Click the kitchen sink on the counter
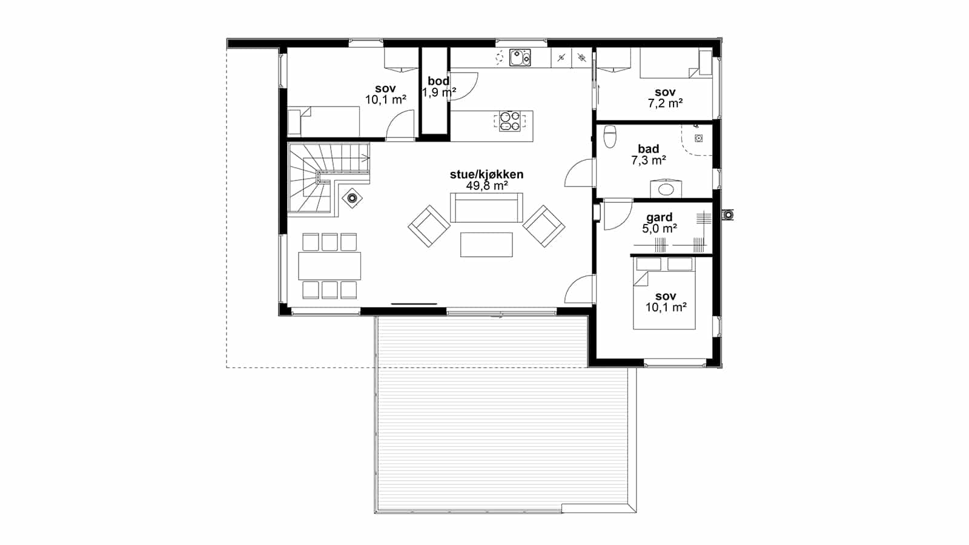tap(520, 58)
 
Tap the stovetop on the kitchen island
tap(509, 121)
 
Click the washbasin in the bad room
tap(666, 188)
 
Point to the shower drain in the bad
tap(699, 139)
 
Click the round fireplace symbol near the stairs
tap(352, 199)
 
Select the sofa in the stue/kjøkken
tap(486, 208)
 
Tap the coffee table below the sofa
tap(486, 245)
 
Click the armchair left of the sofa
tap(429, 226)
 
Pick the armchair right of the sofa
tap(544, 226)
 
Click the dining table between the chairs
tap(329, 266)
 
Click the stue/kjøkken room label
tap(487, 174)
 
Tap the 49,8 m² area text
tap(487, 186)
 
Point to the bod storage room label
tap(438, 81)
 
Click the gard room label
tap(660, 217)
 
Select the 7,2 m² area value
tap(665, 104)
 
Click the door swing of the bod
tap(464, 87)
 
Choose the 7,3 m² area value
tap(648, 160)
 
